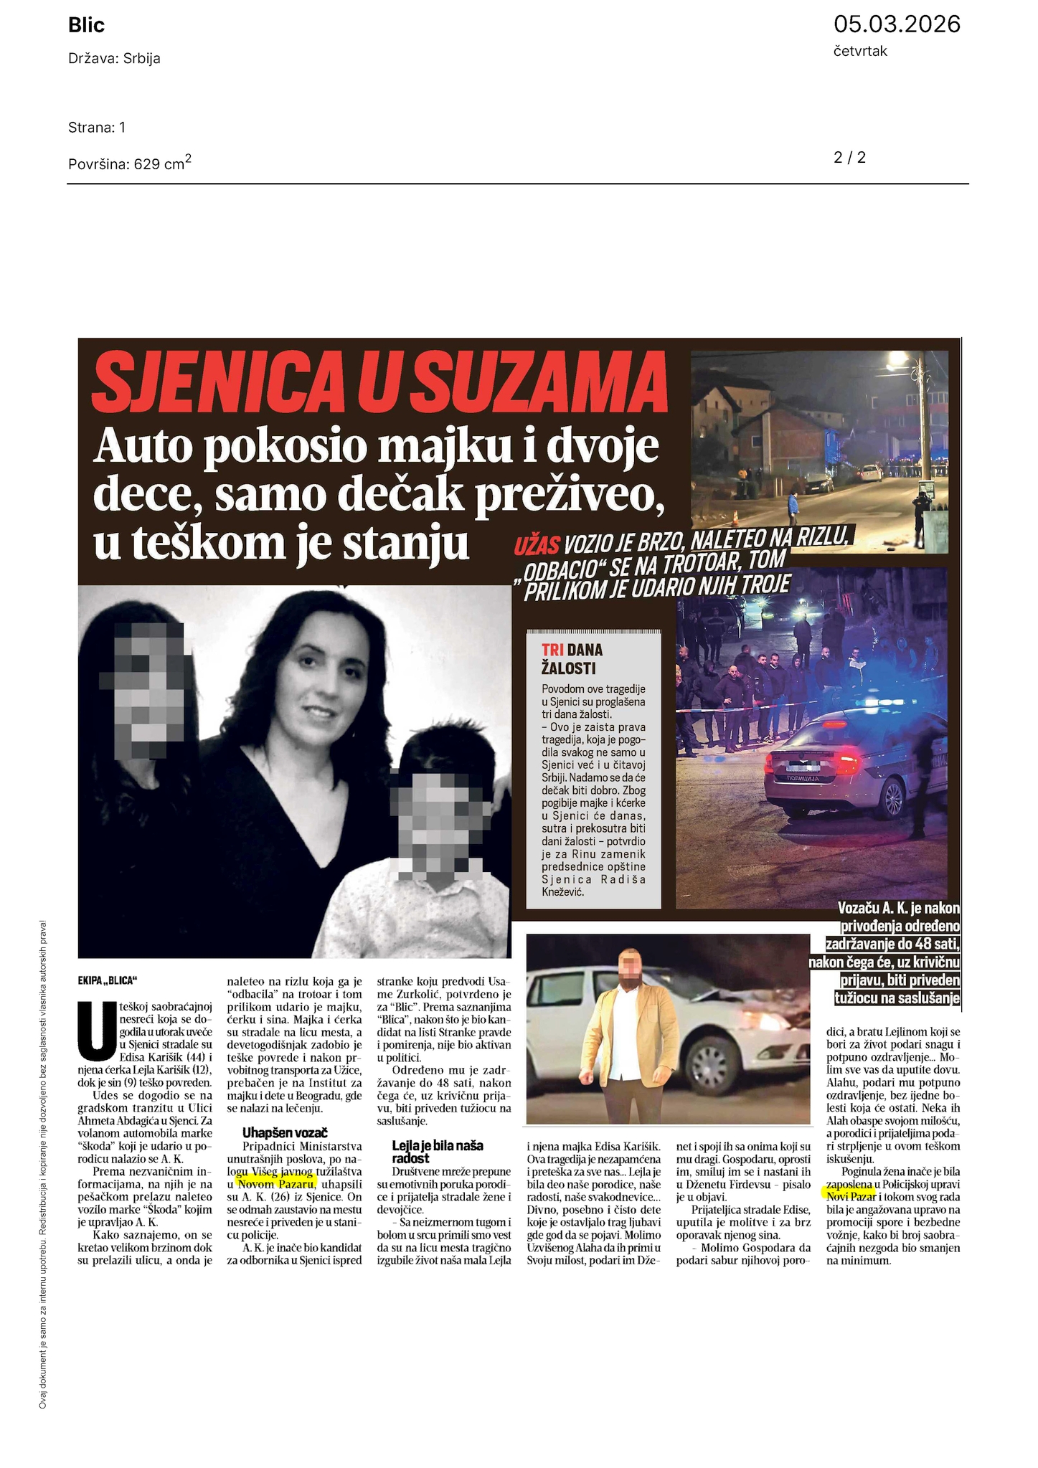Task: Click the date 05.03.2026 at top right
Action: click(x=897, y=24)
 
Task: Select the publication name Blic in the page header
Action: click(x=86, y=26)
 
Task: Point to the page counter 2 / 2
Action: click(x=849, y=157)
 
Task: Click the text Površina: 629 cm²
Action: click(x=129, y=164)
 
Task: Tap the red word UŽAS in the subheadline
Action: click(x=536, y=546)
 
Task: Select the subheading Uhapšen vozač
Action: click(x=284, y=1132)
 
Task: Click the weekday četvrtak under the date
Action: click(x=860, y=51)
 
